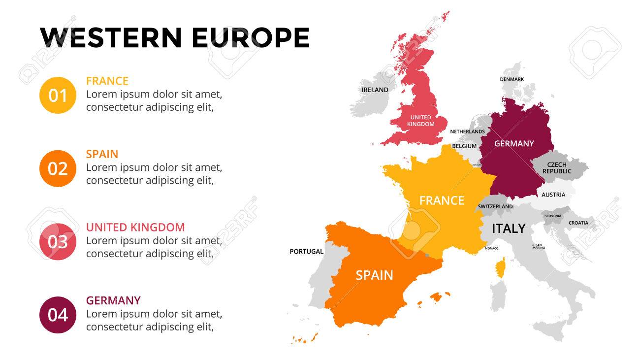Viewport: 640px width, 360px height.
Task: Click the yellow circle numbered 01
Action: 58,95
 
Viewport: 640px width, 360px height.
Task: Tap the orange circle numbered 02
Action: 58,168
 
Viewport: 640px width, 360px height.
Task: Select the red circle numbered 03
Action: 58,242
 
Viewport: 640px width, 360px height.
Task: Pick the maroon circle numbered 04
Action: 58,315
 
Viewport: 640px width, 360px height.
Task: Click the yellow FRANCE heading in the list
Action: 107,81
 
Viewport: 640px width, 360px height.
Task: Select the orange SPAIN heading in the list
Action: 102,154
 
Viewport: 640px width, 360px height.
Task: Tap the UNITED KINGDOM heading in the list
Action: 135,227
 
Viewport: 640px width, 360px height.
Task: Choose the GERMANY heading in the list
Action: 113,300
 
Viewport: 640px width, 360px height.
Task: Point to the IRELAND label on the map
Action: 375,90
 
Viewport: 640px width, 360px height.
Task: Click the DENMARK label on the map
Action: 512,79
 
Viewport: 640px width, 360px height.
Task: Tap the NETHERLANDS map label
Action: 467,131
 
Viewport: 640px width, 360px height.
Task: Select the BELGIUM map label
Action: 464,146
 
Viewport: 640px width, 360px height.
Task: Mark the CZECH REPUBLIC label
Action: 557,168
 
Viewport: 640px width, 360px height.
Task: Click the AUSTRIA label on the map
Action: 553,195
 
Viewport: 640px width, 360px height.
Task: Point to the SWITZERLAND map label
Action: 495,206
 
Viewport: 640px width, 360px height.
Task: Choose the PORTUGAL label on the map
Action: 306,251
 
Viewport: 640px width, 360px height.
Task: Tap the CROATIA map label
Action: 578,223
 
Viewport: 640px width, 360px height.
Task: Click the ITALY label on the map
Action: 509,229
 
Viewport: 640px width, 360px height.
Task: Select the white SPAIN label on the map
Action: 374,275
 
